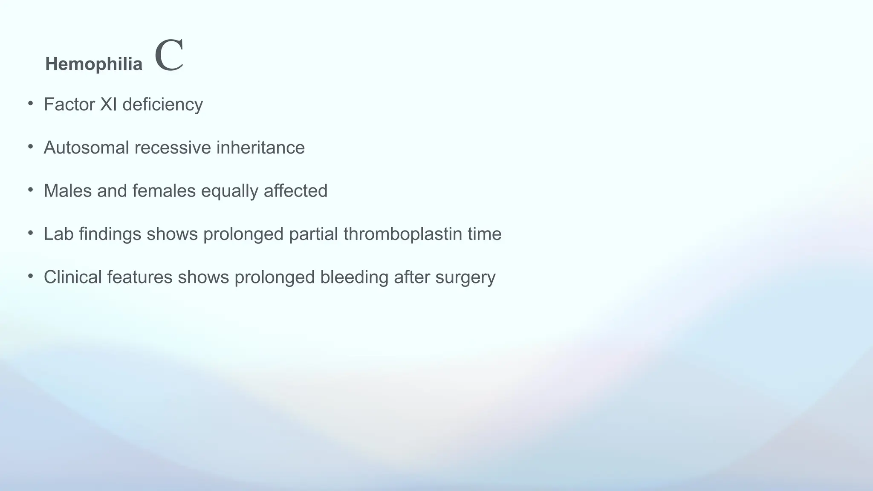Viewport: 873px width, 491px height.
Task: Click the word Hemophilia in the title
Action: [94, 64]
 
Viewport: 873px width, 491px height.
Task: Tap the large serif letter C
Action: [169, 55]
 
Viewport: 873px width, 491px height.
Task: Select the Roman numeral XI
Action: [108, 104]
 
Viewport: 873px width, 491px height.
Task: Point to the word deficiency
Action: [162, 105]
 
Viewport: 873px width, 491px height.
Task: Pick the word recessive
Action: [173, 148]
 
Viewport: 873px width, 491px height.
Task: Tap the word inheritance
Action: [260, 148]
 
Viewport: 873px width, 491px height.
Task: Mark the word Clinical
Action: [72, 277]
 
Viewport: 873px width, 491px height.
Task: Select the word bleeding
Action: [354, 277]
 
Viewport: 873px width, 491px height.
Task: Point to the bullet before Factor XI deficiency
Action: [31, 103]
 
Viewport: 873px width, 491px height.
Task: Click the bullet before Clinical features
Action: [31, 276]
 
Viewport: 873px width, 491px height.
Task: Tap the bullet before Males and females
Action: [31, 190]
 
